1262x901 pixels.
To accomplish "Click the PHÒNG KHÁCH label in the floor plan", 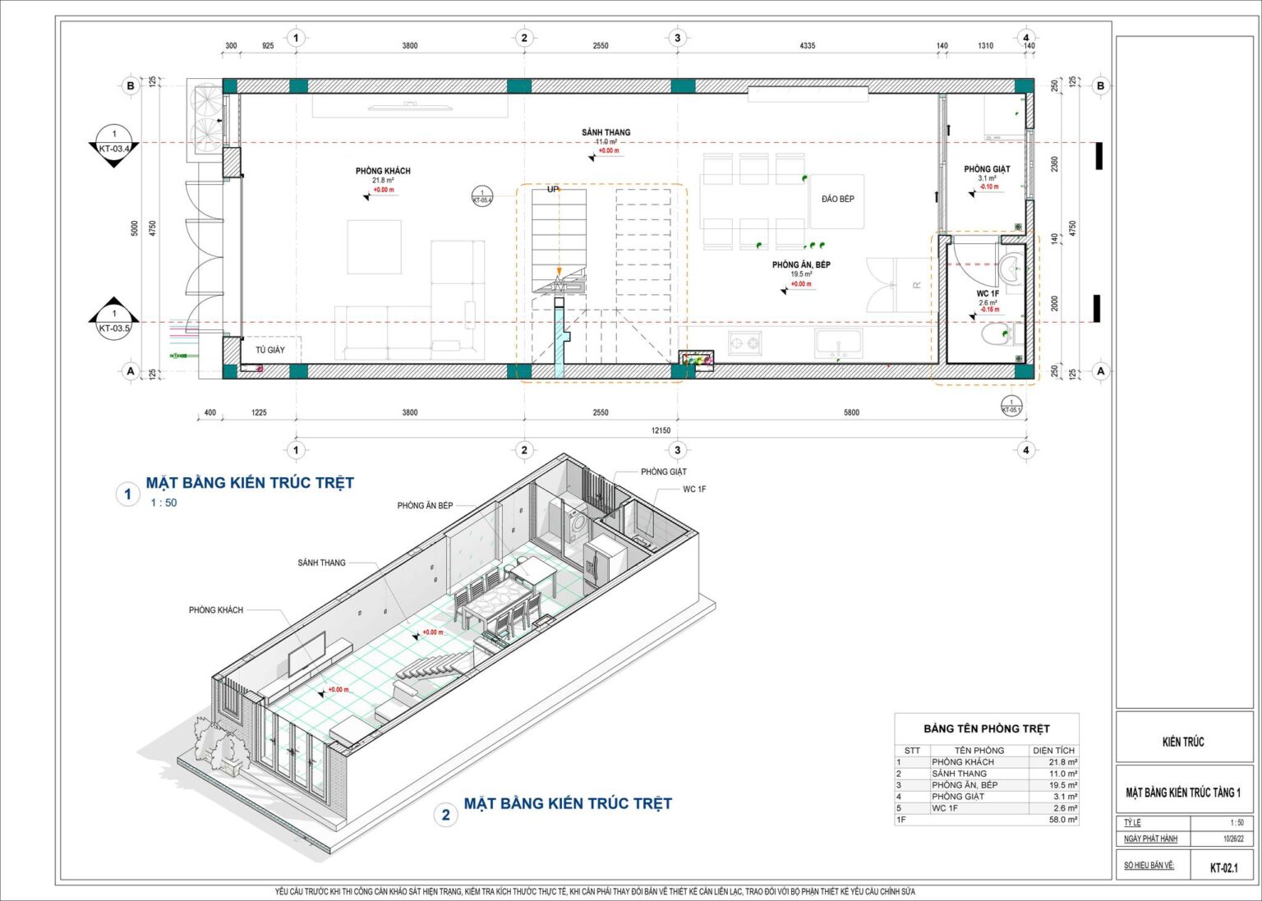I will pos(383,171).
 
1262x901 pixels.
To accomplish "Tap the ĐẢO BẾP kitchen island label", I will pos(837,199).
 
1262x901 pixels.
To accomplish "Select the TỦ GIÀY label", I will pos(269,350).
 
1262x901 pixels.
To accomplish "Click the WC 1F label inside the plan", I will pos(988,293).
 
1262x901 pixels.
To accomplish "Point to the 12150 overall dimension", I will pos(661,430).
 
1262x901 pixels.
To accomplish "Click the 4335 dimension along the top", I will pos(807,46).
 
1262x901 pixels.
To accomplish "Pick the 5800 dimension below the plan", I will pos(851,412).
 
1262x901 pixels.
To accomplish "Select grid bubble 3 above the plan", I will pos(677,38).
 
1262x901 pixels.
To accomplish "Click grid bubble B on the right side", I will pos(1100,85).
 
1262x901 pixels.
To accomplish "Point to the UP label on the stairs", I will pos(553,190).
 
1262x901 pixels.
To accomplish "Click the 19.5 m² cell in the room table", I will pos(1062,785).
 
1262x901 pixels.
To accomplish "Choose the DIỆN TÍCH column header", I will pos(1053,751).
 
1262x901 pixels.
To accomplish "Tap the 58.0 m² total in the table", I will pos(1062,820).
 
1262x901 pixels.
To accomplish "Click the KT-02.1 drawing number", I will pos(1223,867).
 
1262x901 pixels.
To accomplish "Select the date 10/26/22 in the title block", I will pos(1232,839).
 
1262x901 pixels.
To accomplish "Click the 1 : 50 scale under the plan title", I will pos(164,503).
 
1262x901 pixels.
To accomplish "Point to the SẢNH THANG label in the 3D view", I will pos(321,563).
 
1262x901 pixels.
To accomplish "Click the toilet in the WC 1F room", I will pos(995,335).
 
